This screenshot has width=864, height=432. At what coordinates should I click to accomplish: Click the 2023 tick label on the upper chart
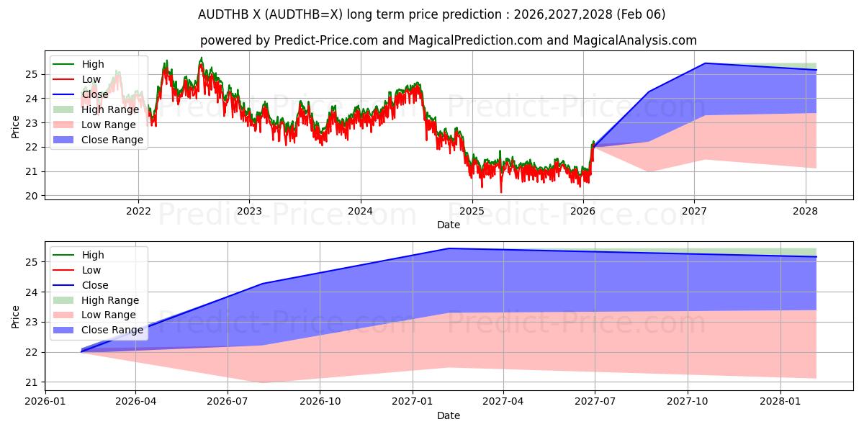249,211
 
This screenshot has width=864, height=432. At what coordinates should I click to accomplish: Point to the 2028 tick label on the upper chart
805,211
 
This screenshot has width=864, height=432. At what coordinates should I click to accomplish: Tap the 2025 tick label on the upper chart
472,211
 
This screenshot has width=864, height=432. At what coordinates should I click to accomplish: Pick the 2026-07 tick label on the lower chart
228,401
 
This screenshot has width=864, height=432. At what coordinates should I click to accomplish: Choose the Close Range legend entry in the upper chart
112,140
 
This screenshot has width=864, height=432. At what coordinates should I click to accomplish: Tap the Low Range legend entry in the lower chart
109,315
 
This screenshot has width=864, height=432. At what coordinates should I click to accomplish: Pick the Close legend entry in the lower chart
94,285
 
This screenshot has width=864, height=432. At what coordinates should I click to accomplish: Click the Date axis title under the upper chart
448,225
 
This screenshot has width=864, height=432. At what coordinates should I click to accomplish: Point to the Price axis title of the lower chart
16,316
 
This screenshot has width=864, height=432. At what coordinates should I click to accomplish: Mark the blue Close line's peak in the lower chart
449,248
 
